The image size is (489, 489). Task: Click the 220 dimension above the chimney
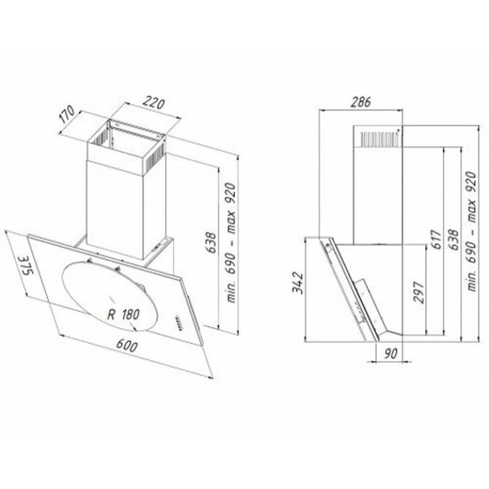154,103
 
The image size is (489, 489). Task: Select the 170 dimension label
67,114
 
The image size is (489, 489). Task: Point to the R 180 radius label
123,314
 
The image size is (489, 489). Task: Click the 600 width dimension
126,346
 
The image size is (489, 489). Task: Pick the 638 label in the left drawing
211,243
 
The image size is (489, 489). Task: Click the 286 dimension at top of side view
361,102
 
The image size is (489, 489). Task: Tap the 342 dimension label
298,282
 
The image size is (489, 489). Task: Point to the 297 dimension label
418,292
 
